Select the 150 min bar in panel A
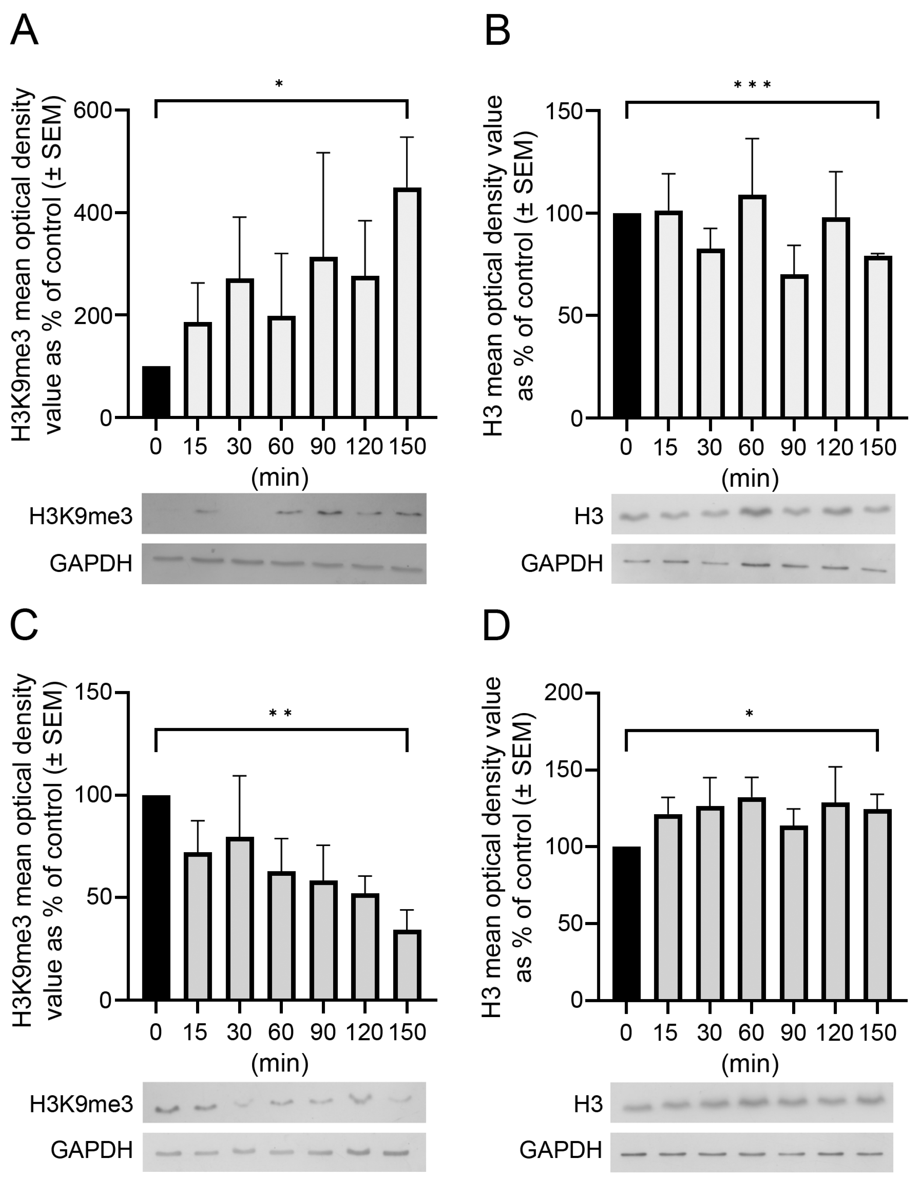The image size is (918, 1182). (407, 303)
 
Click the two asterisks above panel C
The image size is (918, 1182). (280, 714)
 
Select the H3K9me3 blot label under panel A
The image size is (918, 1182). (81, 517)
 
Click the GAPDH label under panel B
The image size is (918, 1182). (562, 564)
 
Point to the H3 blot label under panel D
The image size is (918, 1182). (588, 1105)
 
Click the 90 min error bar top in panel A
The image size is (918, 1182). (323, 153)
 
